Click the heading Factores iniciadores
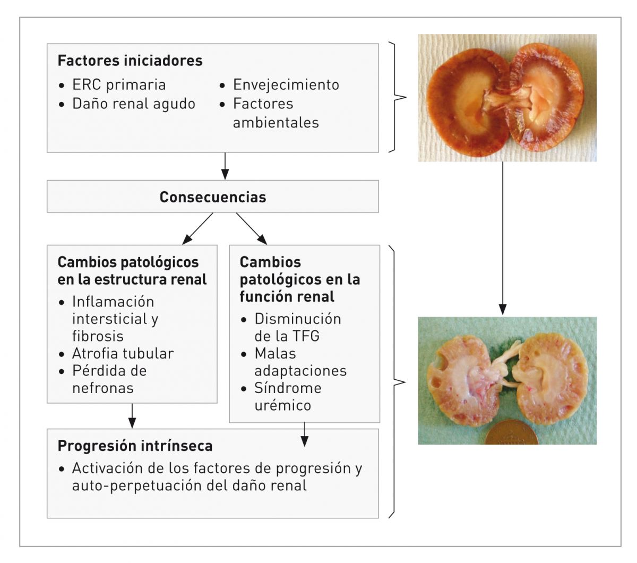click(130, 61)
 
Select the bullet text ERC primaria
click(119, 85)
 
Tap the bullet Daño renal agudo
click(134, 104)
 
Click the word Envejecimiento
click(286, 85)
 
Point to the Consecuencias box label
click(212, 197)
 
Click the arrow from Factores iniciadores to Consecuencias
click(225, 166)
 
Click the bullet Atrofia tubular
click(123, 354)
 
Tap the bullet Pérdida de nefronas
click(109, 379)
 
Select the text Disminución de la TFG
click(297, 327)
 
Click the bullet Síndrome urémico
click(288, 396)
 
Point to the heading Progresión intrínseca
click(135, 446)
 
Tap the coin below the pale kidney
click(511, 433)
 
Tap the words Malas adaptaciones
click(300, 362)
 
